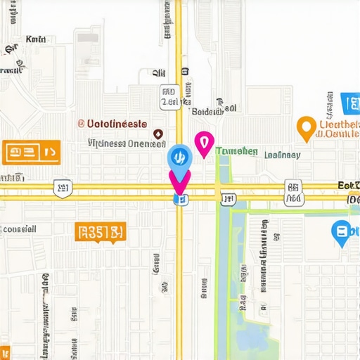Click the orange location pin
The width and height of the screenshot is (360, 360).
[x=306, y=127]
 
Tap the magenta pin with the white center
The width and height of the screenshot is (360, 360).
[x=204, y=143]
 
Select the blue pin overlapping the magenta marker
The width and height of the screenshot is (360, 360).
[x=179, y=159]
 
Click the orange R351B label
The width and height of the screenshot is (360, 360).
[x=100, y=232]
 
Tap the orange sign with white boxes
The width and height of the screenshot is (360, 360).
[x=32, y=150]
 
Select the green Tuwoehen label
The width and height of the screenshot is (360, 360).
[x=236, y=151]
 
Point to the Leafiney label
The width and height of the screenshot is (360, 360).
[x=282, y=155]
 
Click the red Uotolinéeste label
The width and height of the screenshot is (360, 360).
[x=117, y=122]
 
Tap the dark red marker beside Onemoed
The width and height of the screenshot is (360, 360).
[x=157, y=134]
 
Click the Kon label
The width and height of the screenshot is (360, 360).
[x=35, y=40]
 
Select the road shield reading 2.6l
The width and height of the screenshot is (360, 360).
[x=169, y=103]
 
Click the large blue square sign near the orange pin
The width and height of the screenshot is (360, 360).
[x=349, y=103]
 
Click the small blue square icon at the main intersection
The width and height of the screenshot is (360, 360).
[x=180, y=200]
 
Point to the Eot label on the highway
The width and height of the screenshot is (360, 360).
[x=348, y=185]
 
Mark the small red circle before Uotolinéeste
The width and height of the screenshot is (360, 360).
[x=81, y=122]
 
